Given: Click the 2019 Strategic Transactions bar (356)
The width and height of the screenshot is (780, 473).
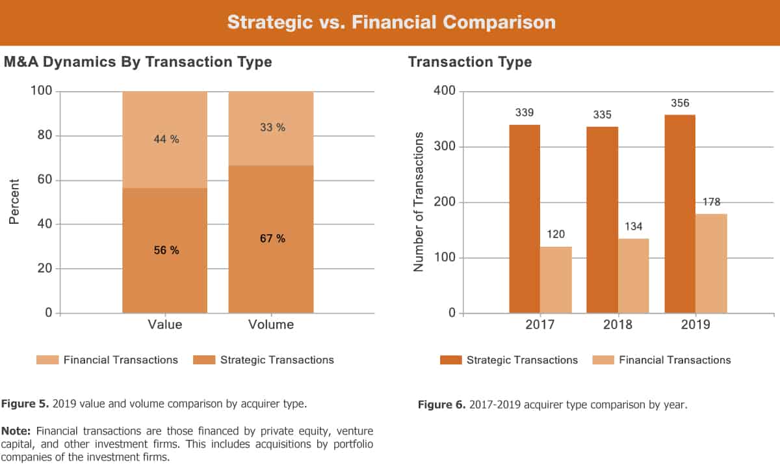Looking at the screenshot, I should click(679, 215).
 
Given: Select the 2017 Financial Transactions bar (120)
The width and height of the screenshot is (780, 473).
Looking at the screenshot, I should click(556, 280).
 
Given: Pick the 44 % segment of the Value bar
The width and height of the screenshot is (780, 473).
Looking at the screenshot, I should click(164, 139).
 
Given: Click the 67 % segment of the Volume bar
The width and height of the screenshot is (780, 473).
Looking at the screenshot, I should click(271, 239).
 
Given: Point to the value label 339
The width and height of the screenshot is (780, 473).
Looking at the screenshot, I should click(525, 113).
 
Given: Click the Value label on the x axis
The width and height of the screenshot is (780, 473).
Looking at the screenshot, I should click(165, 325).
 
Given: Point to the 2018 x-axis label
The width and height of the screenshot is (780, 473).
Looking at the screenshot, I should click(617, 325).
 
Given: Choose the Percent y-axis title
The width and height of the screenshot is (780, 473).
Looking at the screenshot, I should click(14, 202).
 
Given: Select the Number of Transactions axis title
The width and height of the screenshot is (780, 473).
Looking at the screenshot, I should click(419, 202).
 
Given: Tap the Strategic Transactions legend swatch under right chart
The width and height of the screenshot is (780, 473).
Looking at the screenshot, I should click(450, 360).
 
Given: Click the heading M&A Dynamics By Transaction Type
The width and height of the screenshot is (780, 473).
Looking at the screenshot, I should click(138, 62).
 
